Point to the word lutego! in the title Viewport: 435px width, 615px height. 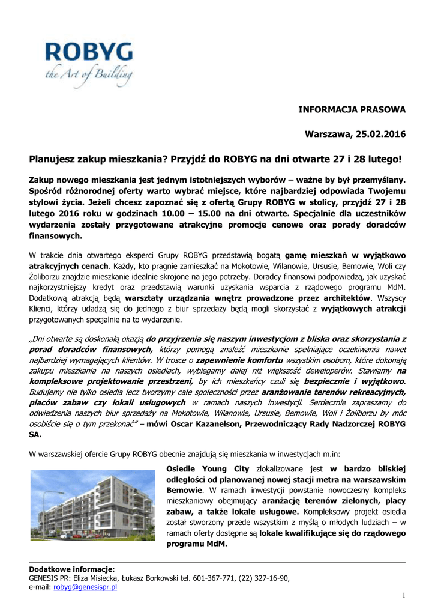tap(381, 160)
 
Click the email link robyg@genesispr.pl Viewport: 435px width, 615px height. tap(85, 587)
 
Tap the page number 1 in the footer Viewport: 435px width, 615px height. tap(404, 595)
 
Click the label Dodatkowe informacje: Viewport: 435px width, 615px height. tap(72, 569)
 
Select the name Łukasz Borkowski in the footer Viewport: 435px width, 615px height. tap(152, 578)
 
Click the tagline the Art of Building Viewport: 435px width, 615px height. tap(88, 76)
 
